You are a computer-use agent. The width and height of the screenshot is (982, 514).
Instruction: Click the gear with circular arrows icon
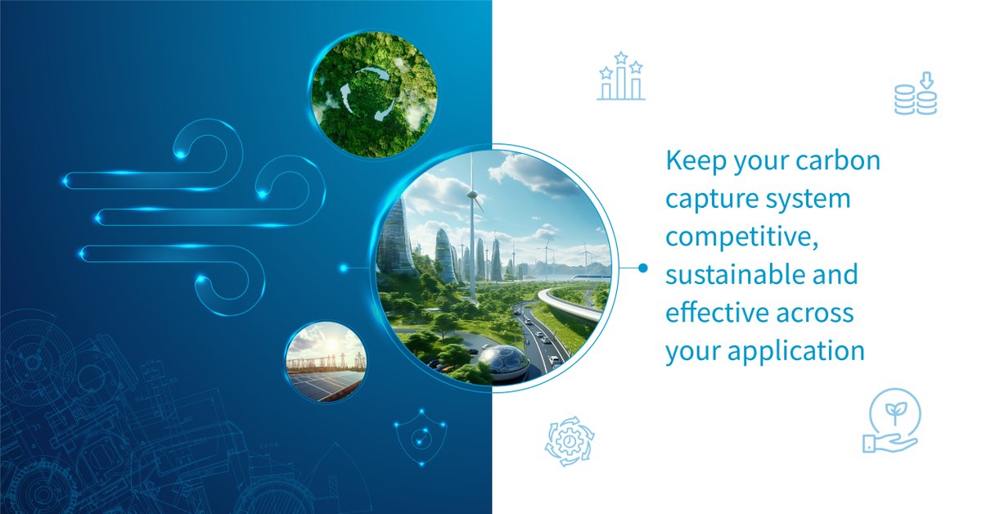[570, 441]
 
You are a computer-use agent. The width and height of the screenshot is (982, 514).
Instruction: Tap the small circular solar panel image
[326, 362]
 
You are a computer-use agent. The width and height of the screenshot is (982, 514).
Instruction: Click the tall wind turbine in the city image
[472, 229]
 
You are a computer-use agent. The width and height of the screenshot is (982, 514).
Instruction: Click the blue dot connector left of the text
[642, 268]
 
